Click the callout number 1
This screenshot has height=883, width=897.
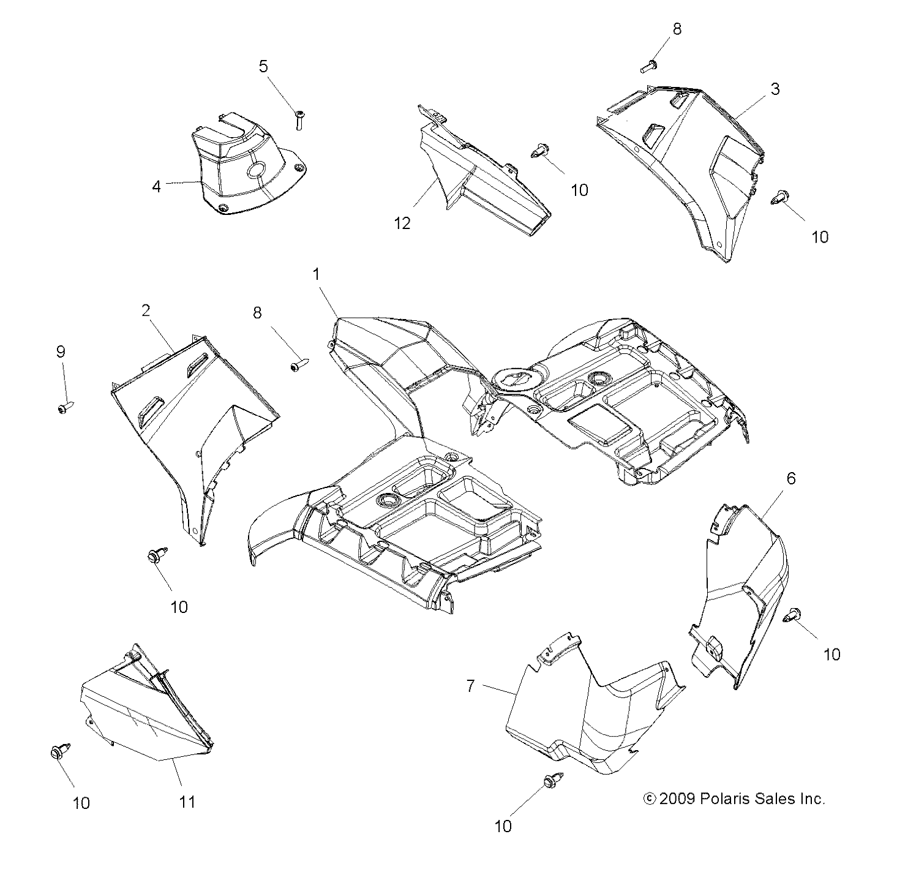pos(317,274)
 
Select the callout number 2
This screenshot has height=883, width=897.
pos(146,310)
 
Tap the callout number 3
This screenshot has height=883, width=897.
pos(775,89)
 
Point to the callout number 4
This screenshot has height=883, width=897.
pos(157,186)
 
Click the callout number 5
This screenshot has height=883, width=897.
pos(263,66)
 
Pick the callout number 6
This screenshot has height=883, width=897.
pos(790,479)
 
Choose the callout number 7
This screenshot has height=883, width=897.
pos(470,686)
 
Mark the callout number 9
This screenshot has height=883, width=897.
pos(61,351)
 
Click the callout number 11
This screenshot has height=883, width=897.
pos(187,802)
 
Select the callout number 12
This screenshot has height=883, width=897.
pos(402,224)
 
